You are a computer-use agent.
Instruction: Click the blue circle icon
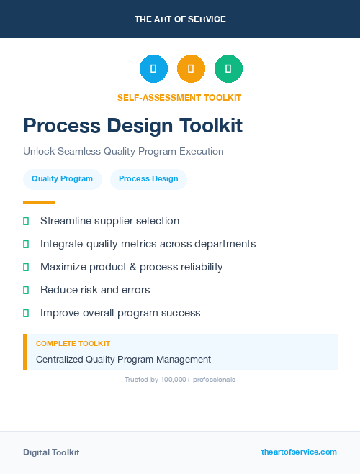153,68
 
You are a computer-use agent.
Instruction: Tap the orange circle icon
191,68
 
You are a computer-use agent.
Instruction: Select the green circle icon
228,68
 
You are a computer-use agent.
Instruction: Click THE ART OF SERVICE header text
180,19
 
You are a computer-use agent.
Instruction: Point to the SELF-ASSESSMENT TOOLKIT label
179,97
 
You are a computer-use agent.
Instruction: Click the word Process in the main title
57,126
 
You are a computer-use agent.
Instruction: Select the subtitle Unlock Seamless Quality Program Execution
123,152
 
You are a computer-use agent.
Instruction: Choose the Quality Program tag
62,179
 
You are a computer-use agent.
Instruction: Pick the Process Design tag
148,179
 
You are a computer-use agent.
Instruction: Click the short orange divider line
39,202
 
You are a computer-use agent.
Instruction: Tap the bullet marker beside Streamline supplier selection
26,221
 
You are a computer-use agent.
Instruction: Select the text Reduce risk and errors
95,290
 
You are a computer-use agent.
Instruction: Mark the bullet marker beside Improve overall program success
26,313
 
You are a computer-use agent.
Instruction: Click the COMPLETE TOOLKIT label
73,344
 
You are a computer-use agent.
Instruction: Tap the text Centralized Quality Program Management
123,359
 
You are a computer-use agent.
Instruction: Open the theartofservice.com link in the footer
299,452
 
